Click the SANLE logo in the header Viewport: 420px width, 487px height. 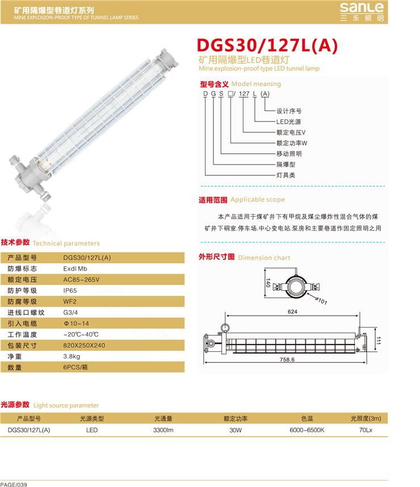tap(362, 12)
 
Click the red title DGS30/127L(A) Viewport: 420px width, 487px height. tap(267, 45)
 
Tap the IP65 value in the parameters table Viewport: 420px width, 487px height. tap(70, 291)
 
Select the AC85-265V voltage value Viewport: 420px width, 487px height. tap(81, 279)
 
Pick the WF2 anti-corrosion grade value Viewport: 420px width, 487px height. tap(70, 301)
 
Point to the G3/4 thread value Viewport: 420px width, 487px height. tap(70, 312)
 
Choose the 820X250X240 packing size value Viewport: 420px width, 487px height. tap(84, 345)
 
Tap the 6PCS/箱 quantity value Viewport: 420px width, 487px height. tap(75, 367)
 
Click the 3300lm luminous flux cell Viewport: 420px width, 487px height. tap(163, 430)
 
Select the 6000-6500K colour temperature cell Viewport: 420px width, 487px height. tap(307, 430)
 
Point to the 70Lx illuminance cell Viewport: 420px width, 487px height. tap(366, 430)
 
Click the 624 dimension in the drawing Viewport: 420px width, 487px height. tap(292, 312)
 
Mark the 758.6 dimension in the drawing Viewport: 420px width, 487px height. tap(287, 360)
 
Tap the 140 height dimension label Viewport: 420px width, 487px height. tap(268, 283)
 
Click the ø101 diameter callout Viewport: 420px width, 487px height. tap(321, 301)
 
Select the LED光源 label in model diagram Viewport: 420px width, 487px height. tap(288, 121)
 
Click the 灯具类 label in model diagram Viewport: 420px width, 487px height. tap(286, 175)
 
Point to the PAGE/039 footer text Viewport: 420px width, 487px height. tap(14, 485)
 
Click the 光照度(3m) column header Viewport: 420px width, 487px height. tap(366, 419)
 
